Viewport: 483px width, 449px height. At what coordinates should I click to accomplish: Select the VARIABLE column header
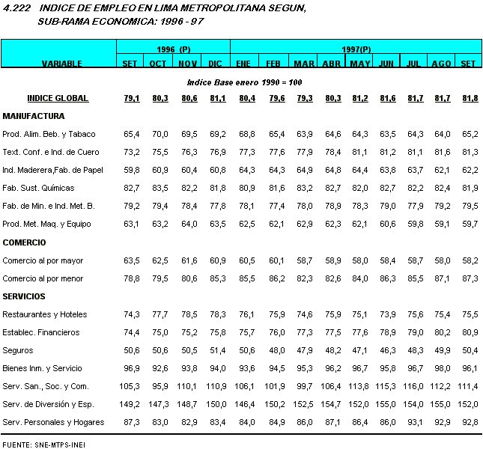[x=61, y=64]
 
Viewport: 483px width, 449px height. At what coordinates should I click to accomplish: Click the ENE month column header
[x=244, y=64]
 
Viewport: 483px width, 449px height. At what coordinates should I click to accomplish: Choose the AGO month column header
[x=442, y=64]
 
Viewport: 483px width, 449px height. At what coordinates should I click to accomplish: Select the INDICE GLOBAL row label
[x=58, y=98]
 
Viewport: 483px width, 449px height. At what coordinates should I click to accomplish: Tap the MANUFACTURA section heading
[x=34, y=116]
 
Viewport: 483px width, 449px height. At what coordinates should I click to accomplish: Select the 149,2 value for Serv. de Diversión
[x=130, y=404]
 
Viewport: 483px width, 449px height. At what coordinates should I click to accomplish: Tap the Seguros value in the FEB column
[x=274, y=350]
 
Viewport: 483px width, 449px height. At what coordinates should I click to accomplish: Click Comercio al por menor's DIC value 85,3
[x=217, y=278]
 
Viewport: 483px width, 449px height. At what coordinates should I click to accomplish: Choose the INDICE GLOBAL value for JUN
[x=388, y=98]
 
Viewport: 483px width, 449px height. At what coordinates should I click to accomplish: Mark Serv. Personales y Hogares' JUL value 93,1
[x=415, y=422]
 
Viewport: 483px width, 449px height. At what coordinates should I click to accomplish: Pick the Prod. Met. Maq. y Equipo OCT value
[x=159, y=224]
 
